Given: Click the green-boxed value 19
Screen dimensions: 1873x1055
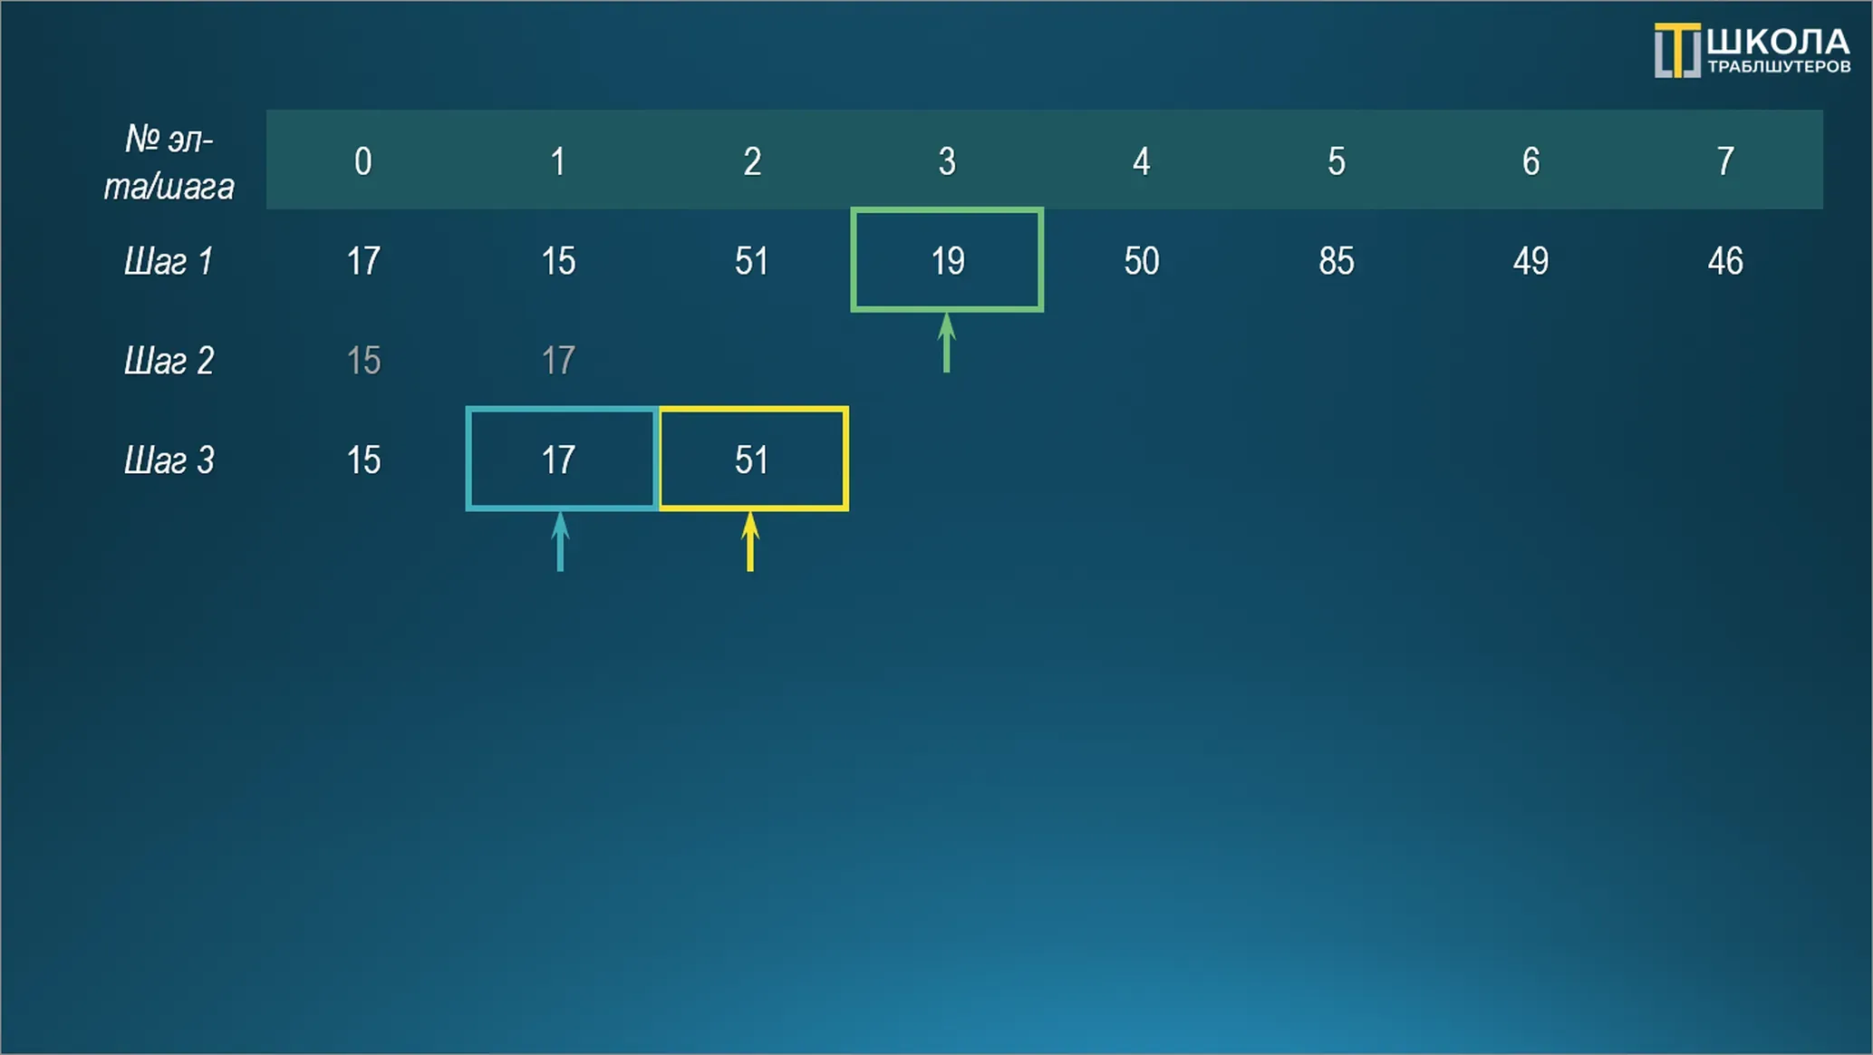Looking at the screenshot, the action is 948,261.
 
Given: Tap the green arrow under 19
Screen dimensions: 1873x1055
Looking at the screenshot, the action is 946,343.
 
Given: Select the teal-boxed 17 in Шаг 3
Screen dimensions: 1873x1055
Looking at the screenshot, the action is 558,460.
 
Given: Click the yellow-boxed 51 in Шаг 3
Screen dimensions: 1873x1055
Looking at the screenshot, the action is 751,460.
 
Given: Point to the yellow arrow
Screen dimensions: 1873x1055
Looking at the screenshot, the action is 749,542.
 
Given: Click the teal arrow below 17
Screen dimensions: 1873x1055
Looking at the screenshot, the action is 560,542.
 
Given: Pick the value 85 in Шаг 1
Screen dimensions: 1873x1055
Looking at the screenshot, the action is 1337,261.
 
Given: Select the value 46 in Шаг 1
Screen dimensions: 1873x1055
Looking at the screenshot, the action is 1725,261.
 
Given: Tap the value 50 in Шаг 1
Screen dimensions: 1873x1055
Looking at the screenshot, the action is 1142,261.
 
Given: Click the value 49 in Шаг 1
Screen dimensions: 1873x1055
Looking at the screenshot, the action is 1530,261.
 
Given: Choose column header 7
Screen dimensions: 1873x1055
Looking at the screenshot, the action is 1725,161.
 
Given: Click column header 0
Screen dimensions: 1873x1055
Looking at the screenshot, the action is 363,161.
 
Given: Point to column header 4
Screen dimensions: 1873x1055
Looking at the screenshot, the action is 1142,161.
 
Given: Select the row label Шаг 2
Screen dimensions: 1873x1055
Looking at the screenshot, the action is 169,361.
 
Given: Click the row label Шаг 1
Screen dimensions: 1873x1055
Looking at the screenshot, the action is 169,261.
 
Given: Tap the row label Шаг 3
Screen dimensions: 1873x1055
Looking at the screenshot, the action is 169,460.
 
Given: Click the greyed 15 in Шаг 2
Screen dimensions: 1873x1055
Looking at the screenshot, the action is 363,361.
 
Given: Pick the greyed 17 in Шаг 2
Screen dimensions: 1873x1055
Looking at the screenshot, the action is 558,361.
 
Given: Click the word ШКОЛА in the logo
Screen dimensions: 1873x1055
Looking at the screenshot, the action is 1778,42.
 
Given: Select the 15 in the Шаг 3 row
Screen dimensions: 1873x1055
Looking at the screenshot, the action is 363,460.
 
